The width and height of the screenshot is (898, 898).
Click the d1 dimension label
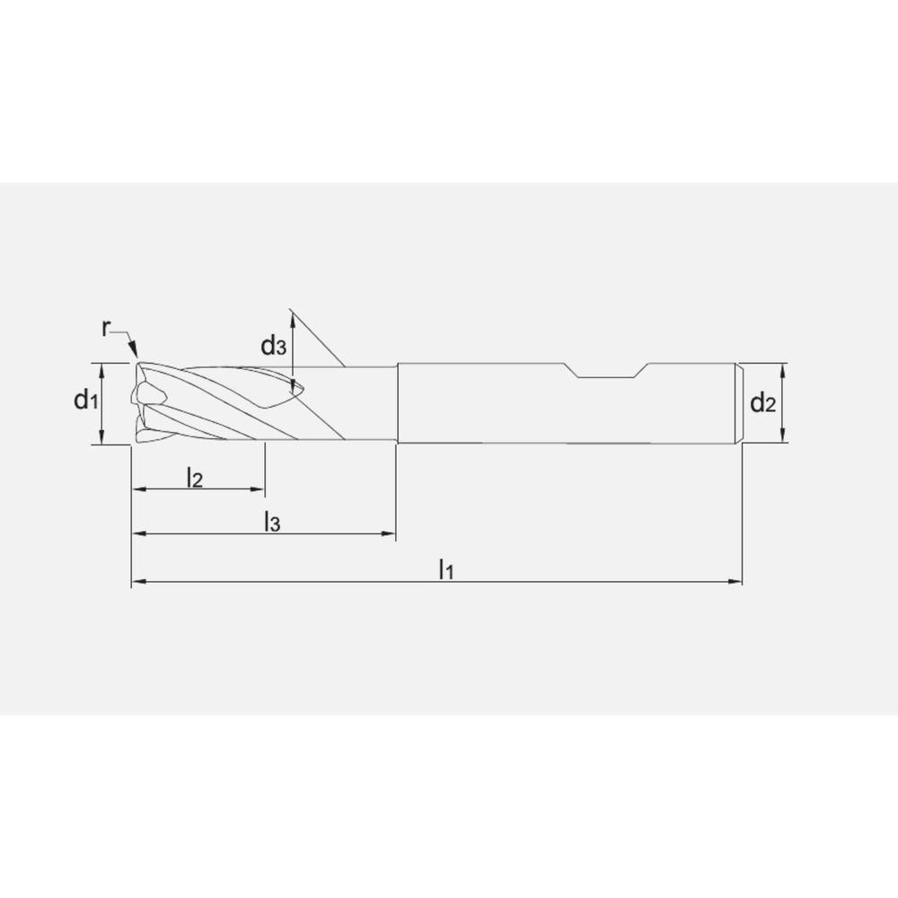(x=85, y=401)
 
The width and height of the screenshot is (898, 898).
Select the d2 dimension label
(x=762, y=404)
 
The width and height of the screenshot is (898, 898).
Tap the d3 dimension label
(x=274, y=345)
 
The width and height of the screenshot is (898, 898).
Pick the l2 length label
(x=194, y=478)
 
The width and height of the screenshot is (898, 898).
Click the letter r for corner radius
(x=106, y=329)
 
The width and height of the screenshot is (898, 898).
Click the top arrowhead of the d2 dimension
(x=784, y=369)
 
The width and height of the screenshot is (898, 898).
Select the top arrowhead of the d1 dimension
(x=102, y=369)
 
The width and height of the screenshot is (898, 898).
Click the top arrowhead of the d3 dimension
(x=292, y=314)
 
